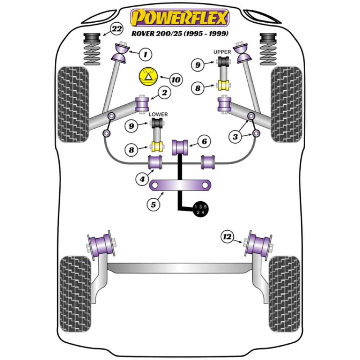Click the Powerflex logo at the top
coord(180,18)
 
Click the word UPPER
coord(222,52)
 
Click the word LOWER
coord(158,114)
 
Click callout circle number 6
coord(204,142)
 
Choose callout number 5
coord(153,204)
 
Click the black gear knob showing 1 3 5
coord(200,209)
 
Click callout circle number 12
coord(227,237)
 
